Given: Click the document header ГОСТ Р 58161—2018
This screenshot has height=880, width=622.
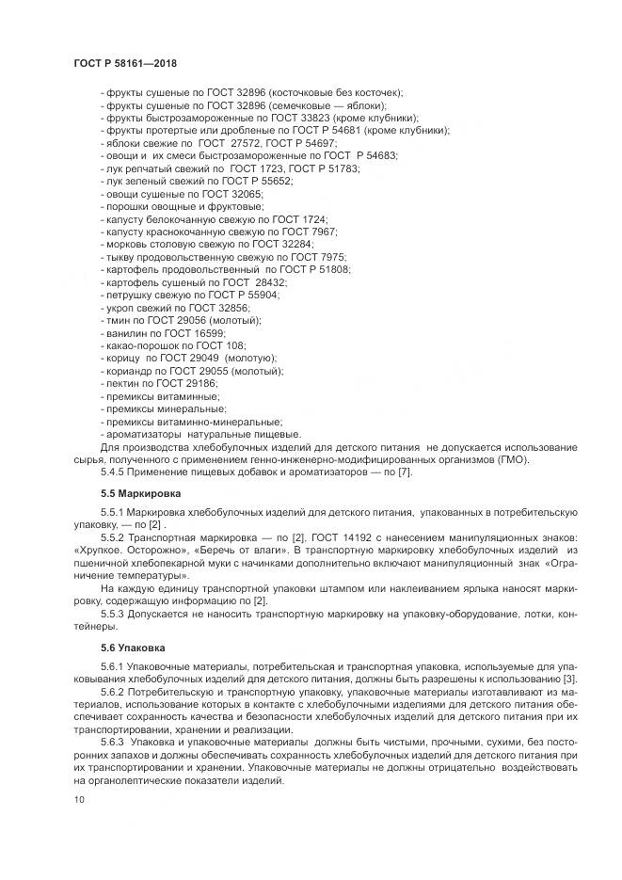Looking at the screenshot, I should [x=125, y=63].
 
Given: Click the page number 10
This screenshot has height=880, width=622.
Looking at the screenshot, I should [x=78, y=799].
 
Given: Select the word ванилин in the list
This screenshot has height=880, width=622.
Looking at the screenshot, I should [x=124, y=333].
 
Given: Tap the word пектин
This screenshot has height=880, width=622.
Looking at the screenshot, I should [x=120, y=384].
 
